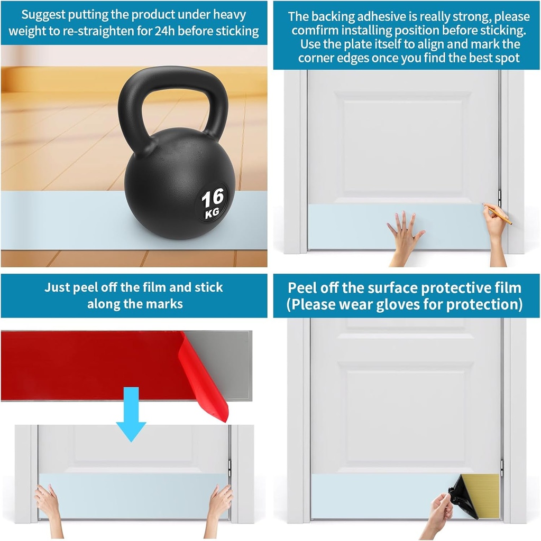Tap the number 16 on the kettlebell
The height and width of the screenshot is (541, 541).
(x=213, y=199)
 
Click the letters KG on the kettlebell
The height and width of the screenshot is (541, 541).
(x=212, y=213)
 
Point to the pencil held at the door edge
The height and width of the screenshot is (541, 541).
(x=498, y=214)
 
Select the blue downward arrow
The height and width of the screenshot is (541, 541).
(x=131, y=414)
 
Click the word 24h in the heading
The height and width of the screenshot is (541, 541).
(x=165, y=31)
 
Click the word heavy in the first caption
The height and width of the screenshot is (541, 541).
(x=230, y=15)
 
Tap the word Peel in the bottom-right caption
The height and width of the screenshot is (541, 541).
(x=302, y=287)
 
